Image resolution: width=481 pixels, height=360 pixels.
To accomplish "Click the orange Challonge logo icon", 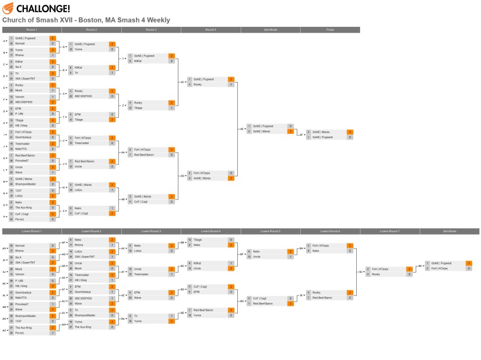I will click(x=8, y=8).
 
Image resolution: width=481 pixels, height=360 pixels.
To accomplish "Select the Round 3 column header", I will click(x=151, y=30).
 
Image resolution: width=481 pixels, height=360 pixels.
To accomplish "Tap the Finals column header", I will click(x=330, y=30).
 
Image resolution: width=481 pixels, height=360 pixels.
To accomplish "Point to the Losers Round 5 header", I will click(x=270, y=231).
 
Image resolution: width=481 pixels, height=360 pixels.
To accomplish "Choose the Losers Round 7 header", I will click(x=389, y=231).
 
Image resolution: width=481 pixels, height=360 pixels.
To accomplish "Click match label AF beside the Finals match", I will click(x=301, y=134).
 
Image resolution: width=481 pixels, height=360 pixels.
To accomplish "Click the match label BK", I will click(x=420, y=266).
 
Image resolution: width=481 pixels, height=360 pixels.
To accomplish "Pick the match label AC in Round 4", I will click(x=182, y=82).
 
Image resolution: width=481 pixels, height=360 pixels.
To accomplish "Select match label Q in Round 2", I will click(x=63, y=47).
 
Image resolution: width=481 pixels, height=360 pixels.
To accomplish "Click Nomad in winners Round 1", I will click(x=20, y=43).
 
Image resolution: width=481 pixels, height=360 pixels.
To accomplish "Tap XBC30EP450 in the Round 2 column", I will click(x=83, y=96).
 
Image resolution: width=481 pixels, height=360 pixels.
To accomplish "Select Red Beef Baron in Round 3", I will click(x=144, y=155).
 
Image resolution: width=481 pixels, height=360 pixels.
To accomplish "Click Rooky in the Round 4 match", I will click(x=197, y=84).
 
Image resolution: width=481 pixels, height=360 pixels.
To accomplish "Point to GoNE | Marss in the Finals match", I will click(x=321, y=132).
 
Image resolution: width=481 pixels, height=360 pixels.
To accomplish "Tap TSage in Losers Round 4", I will click(x=197, y=240).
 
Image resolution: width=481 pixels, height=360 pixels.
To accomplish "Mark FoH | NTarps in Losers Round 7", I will click(x=381, y=269).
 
